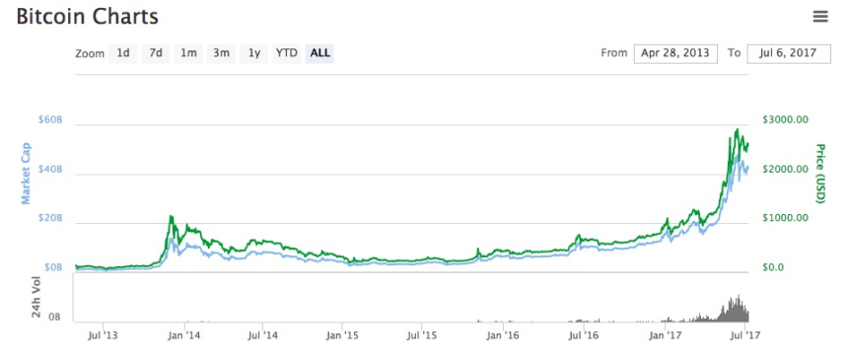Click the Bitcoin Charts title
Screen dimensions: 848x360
tap(87, 16)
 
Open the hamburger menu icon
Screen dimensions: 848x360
tap(819, 17)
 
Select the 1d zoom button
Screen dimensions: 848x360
tap(123, 53)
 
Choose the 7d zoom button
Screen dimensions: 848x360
tap(156, 53)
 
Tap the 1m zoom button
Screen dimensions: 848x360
tap(188, 53)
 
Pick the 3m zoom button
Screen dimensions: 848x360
tap(221, 53)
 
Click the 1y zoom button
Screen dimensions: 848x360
tap(254, 53)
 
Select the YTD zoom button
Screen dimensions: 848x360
tap(287, 53)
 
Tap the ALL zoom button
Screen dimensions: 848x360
tap(319, 53)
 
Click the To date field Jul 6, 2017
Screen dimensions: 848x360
tap(789, 53)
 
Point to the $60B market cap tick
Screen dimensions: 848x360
tap(51, 119)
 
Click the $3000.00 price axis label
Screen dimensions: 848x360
tap(785, 119)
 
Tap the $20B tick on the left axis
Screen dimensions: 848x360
tap(51, 218)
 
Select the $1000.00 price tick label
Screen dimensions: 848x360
tap(785, 218)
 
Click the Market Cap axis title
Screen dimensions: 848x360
tap(26, 174)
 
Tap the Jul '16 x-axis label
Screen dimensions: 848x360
tap(584, 335)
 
